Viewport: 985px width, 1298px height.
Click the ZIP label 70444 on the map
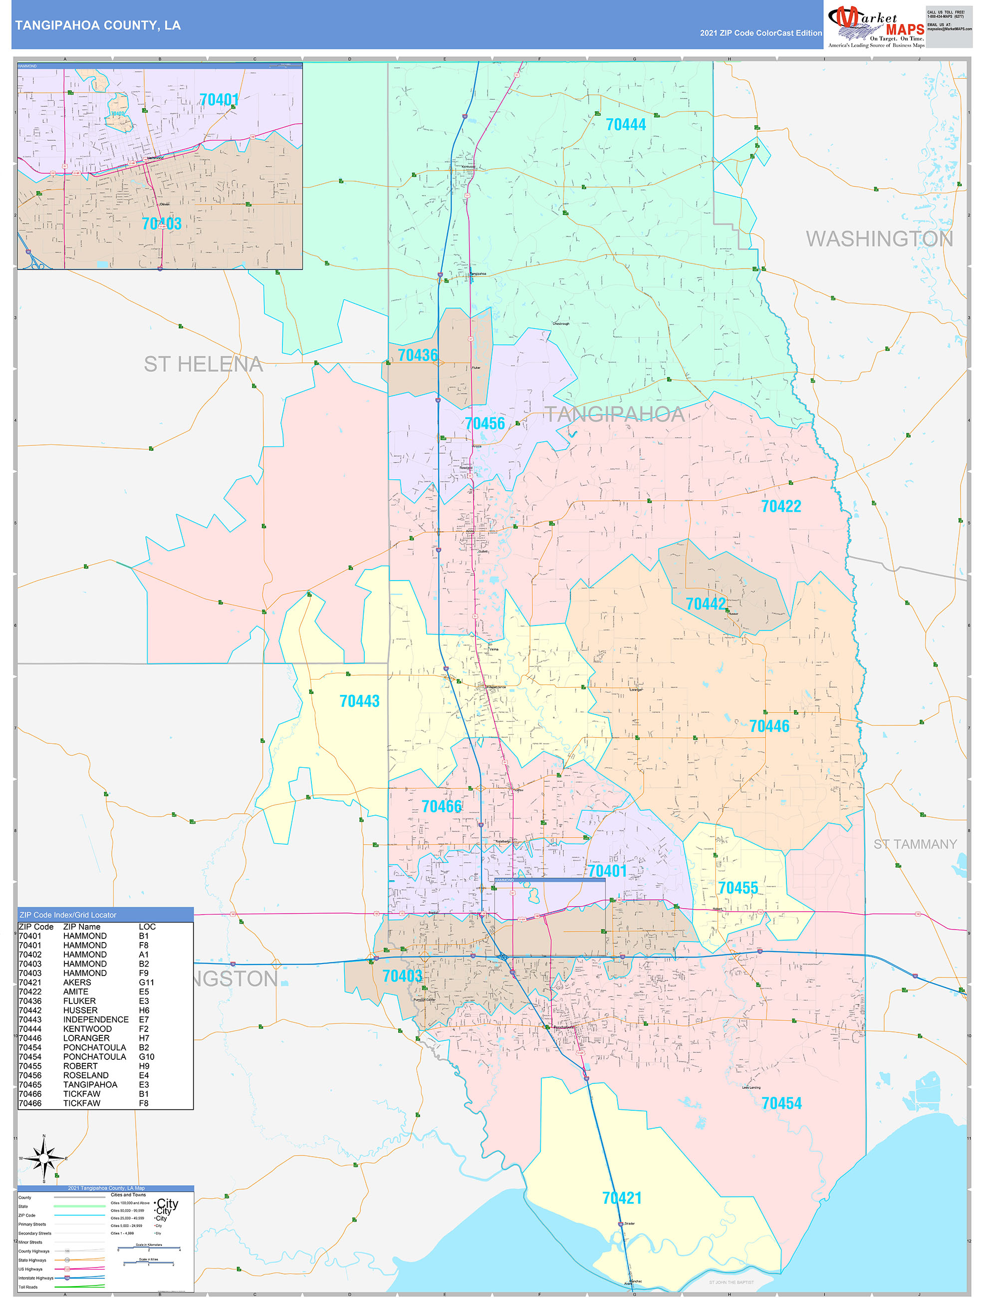[x=625, y=125]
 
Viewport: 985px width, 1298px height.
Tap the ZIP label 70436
[x=418, y=355]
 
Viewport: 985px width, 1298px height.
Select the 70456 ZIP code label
[x=485, y=424]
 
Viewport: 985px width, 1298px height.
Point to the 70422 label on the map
[x=781, y=506]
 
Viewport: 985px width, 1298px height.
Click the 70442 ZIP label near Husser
[x=706, y=604]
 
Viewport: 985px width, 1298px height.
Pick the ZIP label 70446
[x=769, y=726]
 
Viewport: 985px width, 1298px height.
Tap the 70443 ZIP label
[x=360, y=701]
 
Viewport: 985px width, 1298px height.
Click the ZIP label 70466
[x=442, y=807]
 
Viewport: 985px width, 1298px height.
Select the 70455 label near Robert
[x=738, y=888]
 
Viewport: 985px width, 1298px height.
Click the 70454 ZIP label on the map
[x=781, y=1103]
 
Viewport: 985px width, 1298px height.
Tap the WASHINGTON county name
[x=879, y=239]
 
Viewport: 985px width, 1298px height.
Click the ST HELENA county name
[x=203, y=364]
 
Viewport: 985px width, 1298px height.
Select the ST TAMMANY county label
[x=915, y=844]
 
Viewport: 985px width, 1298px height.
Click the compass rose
[x=44, y=1158]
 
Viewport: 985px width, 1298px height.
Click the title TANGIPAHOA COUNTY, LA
[x=98, y=25]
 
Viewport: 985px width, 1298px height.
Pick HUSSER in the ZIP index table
[x=80, y=1010]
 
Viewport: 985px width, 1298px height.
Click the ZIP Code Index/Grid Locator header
[x=68, y=915]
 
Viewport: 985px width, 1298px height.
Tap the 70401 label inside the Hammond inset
[x=219, y=100]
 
